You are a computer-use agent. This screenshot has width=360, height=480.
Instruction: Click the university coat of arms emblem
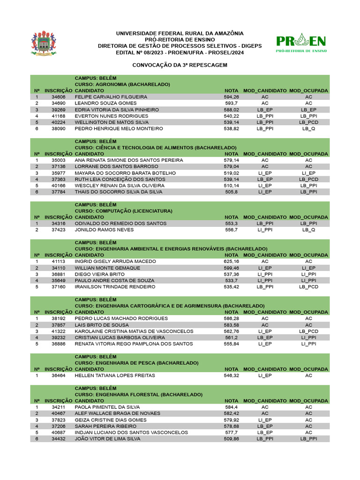(43, 44)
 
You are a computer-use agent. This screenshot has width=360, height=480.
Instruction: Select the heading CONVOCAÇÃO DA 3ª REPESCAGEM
(180, 65)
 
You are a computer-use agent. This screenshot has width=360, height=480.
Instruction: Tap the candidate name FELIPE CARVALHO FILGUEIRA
(111, 97)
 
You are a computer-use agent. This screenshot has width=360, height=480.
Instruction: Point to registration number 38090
(59, 128)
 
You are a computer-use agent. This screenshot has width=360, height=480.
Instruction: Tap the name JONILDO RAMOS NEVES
(104, 230)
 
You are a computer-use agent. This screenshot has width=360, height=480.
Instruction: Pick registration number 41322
(59, 331)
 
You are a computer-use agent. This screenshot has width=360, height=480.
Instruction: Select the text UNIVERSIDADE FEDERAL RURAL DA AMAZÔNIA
(180, 34)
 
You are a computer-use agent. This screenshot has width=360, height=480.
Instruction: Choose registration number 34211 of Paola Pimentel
(59, 407)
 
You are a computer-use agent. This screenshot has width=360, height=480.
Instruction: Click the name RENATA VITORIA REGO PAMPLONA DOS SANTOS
(134, 344)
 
